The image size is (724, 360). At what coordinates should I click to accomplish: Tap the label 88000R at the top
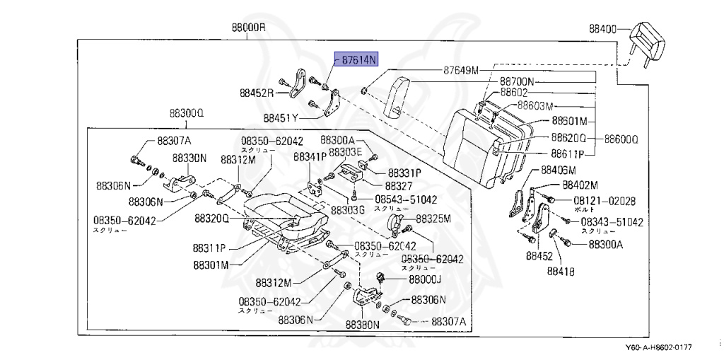(247, 28)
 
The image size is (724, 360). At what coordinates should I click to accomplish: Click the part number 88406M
(558, 170)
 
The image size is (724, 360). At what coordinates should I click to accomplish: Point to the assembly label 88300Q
(186, 113)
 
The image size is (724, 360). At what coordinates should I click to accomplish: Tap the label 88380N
(363, 325)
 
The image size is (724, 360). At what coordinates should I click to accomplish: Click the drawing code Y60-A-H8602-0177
(658, 347)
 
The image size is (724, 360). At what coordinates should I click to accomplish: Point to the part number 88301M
(211, 265)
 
